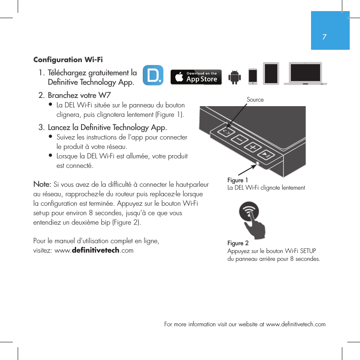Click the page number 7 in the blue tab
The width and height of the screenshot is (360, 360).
(325, 37)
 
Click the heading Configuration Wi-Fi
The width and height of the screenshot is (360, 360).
(68, 60)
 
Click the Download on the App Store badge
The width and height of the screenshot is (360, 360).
(196, 77)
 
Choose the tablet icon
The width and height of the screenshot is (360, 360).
(271, 74)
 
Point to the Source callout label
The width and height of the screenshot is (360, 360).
(255, 100)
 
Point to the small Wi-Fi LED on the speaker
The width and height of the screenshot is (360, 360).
(258, 163)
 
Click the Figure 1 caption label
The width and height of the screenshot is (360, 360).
(238, 180)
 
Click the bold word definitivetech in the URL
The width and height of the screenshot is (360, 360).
(95, 251)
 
